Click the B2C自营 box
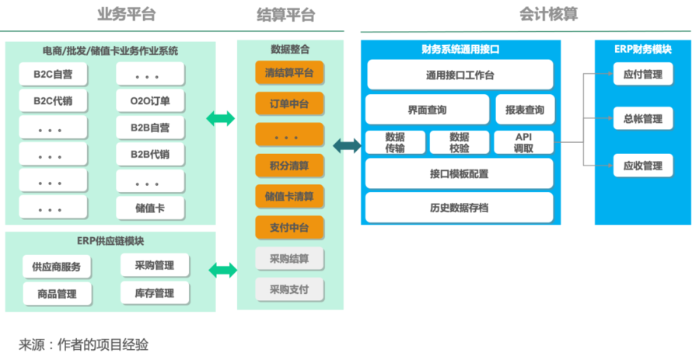pyautogui.click(x=53, y=75)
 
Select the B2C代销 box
pyautogui.click(x=53, y=101)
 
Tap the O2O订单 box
pyautogui.click(x=150, y=101)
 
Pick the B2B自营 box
pyautogui.click(x=150, y=128)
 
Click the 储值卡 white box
pyautogui.click(x=150, y=208)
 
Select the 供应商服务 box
pyautogui.click(x=56, y=267)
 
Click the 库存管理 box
pyautogui.click(x=154, y=292)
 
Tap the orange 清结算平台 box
pyautogui.click(x=289, y=73)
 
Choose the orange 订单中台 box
pyautogui.click(x=289, y=103)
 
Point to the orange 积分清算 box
pyautogui.click(x=289, y=166)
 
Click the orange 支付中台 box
pyautogui.click(x=289, y=228)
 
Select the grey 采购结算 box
pyautogui.click(x=289, y=259)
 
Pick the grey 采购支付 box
pyautogui.click(x=289, y=289)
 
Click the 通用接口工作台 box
pyautogui.click(x=460, y=75)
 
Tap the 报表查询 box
pyautogui.click(x=524, y=110)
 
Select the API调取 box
pyautogui.click(x=523, y=142)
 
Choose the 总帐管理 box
pyautogui.click(x=642, y=119)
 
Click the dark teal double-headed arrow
pyautogui.click(x=346, y=145)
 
